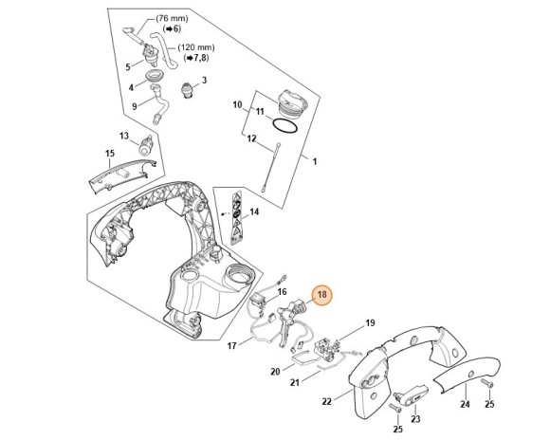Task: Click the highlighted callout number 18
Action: [321, 294]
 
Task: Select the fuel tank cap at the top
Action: [292, 101]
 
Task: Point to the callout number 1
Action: [315, 161]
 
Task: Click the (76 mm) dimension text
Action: [172, 18]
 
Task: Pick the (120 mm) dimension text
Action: [196, 47]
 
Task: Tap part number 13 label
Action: [124, 136]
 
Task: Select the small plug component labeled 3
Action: [187, 91]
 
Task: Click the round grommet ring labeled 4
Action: [154, 75]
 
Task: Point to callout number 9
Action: [135, 106]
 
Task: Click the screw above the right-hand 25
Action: [487, 383]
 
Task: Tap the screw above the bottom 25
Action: [395, 408]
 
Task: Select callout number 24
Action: [465, 405]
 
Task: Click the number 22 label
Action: [326, 401]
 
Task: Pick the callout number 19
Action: [370, 322]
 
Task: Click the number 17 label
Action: [231, 346]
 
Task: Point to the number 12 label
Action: [251, 138]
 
